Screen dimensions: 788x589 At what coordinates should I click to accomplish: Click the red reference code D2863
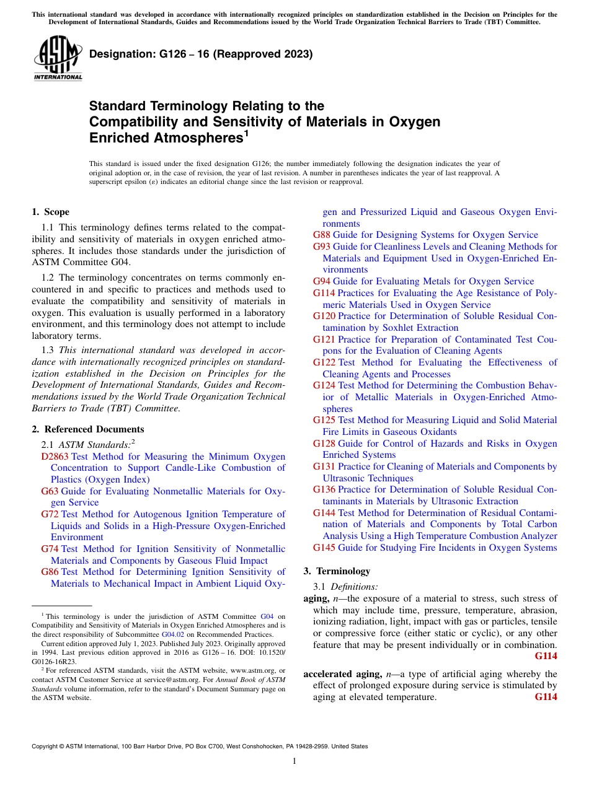(55, 457)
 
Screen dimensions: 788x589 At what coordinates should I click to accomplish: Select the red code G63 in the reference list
(50, 491)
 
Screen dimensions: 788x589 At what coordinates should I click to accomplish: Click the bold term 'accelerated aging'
(334, 674)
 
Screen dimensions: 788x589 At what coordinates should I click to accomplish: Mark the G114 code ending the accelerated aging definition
(546, 697)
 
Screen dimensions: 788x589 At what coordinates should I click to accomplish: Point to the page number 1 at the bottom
(294, 761)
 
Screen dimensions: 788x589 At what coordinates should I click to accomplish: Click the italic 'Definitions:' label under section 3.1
(354, 587)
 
